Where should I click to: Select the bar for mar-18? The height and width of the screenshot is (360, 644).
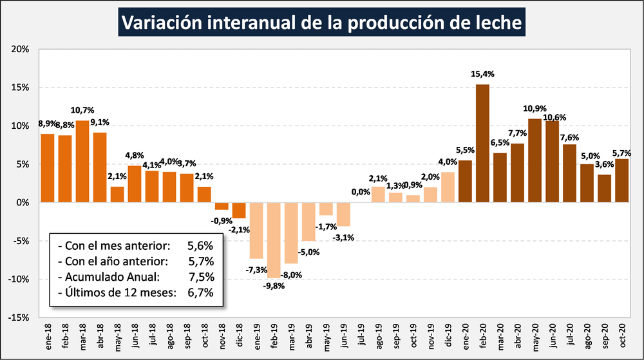[x=82, y=161]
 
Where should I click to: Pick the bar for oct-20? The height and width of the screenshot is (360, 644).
[x=621, y=180]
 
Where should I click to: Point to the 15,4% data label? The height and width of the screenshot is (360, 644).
[x=483, y=75]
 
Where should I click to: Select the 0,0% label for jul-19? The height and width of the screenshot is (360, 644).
[x=361, y=191]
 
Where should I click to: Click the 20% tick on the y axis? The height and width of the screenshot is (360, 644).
[x=19, y=49]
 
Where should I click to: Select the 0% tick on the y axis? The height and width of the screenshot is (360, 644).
[x=22, y=202]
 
